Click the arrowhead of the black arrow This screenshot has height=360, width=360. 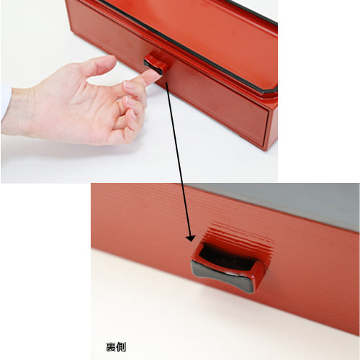pos(191,238)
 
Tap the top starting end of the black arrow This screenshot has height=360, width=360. pos(166,82)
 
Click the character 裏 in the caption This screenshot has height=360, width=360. pos(111,347)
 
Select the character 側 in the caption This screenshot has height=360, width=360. pos(121,347)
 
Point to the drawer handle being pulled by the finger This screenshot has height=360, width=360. pos(156,63)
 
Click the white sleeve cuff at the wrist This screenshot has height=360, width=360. pos(5,101)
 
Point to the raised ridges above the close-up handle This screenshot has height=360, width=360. pos(238,234)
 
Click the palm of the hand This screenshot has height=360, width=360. pos(72,108)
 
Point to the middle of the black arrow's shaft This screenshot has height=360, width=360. pos(179,160)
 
